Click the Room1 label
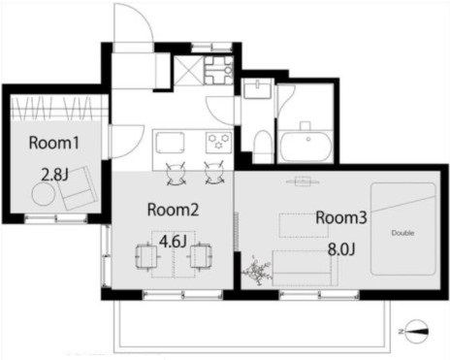[x=54, y=143]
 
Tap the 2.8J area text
[x=54, y=175]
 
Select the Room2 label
[x=173, y=210]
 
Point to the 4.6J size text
[x=174, y=242]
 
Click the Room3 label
[x=341, y=217]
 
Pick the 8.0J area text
[x=341, y=249]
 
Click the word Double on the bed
[x=402, y=233]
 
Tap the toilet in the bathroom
[x=262, y=147]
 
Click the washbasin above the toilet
[x=258, y=88]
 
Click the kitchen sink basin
[x=170, y=143]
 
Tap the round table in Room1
[x=43, y=194]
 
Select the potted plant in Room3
[x=257, y=271]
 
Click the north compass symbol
[x=416, y=331]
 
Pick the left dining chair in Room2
[x=147, y=256]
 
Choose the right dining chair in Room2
[x=201, y=255]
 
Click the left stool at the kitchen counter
[x=176, y=175]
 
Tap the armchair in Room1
[x=79, y=186]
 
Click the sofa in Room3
[x=305, y=268]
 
